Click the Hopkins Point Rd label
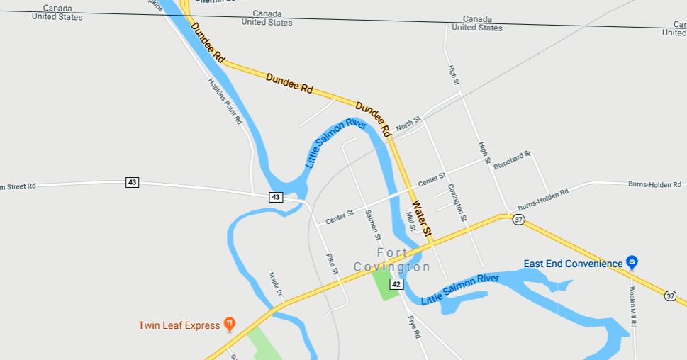pos(225,101)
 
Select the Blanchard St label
pos(512,159)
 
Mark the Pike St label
pos(331,264)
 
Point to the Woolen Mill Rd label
pos(634,306)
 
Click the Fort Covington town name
pos(392,260)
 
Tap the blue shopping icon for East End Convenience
pos(632,263)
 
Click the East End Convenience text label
pos(573,264)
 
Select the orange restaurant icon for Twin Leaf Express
pos(229,325)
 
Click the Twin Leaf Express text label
pos(179,325)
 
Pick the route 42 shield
pos(396,284)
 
